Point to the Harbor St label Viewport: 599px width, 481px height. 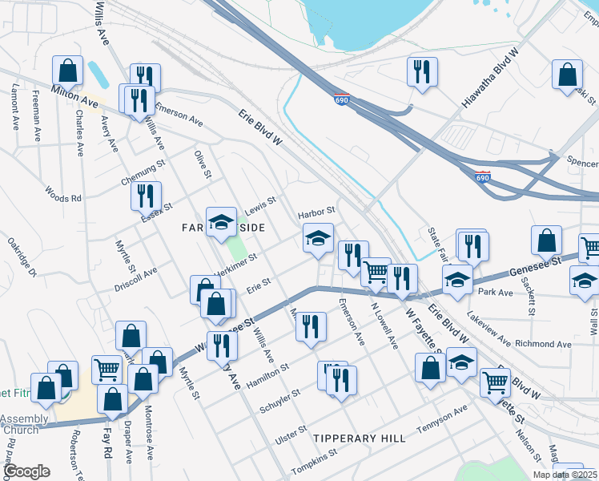point(316,213)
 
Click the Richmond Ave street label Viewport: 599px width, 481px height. point(543,344)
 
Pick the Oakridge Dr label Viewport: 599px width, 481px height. point(22,257)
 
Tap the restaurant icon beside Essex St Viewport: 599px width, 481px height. point(146,196)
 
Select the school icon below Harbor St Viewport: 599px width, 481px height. point(317,239)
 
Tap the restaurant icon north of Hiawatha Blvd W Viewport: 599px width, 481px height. point(421,71)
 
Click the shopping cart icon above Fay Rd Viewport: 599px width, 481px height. point(107,370)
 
